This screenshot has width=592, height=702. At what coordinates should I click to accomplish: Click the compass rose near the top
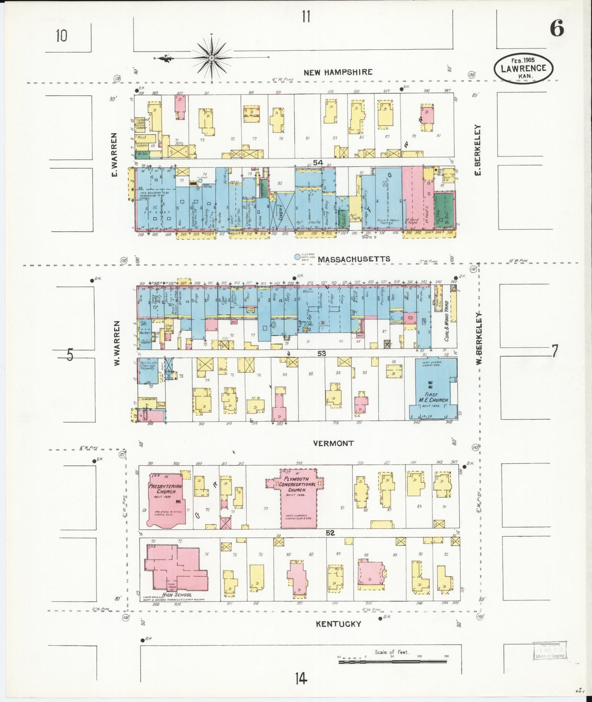point(212,58)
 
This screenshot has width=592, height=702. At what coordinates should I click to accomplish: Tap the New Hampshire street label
point(338,72)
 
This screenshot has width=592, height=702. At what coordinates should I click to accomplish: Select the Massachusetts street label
point(354,259)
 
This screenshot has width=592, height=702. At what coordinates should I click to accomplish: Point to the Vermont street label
point(333,443)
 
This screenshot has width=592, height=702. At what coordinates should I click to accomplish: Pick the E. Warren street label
point(114,155)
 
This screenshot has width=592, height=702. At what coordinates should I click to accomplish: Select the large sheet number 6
point(557,28)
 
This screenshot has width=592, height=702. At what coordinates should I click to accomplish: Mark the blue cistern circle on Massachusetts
point(297,257)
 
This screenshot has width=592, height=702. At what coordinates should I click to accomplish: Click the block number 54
point(318,163)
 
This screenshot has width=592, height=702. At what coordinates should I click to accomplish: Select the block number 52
point(330,533)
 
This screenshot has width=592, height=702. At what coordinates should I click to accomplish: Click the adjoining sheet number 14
point(300,679)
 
